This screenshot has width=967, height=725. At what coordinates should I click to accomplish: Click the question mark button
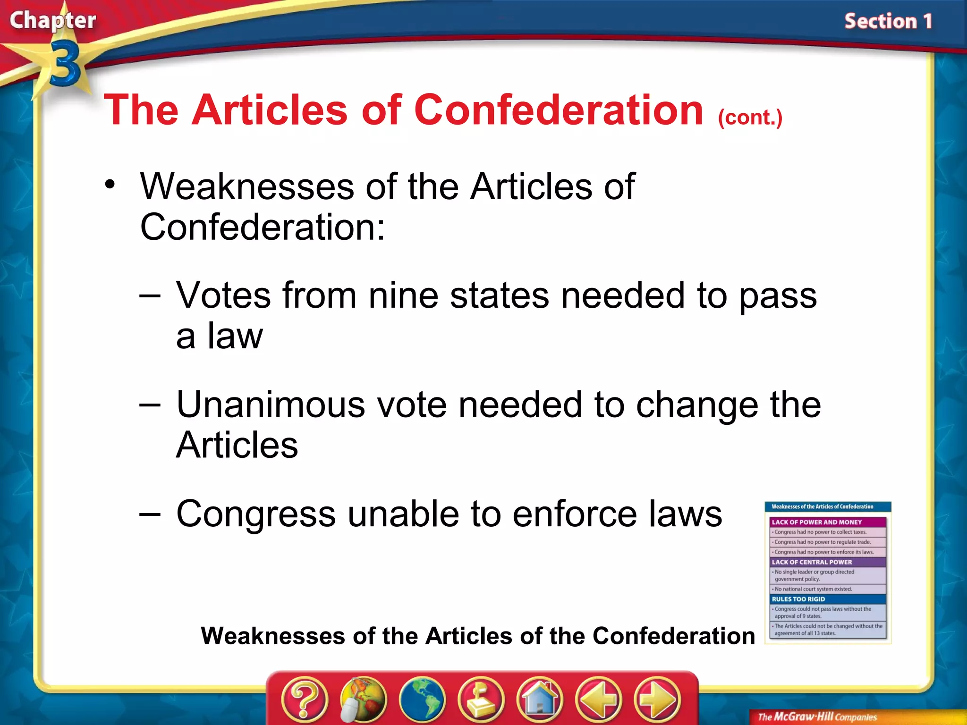305,699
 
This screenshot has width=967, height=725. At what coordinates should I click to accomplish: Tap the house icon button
540,699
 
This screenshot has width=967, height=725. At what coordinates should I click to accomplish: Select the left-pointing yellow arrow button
599,699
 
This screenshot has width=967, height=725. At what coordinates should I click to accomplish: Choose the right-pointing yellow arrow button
657,699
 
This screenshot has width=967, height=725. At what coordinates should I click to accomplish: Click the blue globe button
422,699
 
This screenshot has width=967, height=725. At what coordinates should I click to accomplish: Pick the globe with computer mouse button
363,699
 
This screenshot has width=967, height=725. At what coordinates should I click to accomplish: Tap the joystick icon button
481,699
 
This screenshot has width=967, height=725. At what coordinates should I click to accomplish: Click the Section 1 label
888,22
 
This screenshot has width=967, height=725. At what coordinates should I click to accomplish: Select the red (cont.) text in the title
750,118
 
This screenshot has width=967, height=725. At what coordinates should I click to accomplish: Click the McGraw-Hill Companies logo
817,717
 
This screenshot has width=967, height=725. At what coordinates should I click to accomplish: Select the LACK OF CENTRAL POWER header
812,562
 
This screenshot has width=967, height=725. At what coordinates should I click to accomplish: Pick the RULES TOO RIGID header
798,599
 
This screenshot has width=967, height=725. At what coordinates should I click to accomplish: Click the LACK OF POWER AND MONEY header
816,522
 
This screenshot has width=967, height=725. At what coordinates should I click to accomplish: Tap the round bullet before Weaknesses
110,185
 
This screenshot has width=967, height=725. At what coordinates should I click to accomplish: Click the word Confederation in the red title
559,110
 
